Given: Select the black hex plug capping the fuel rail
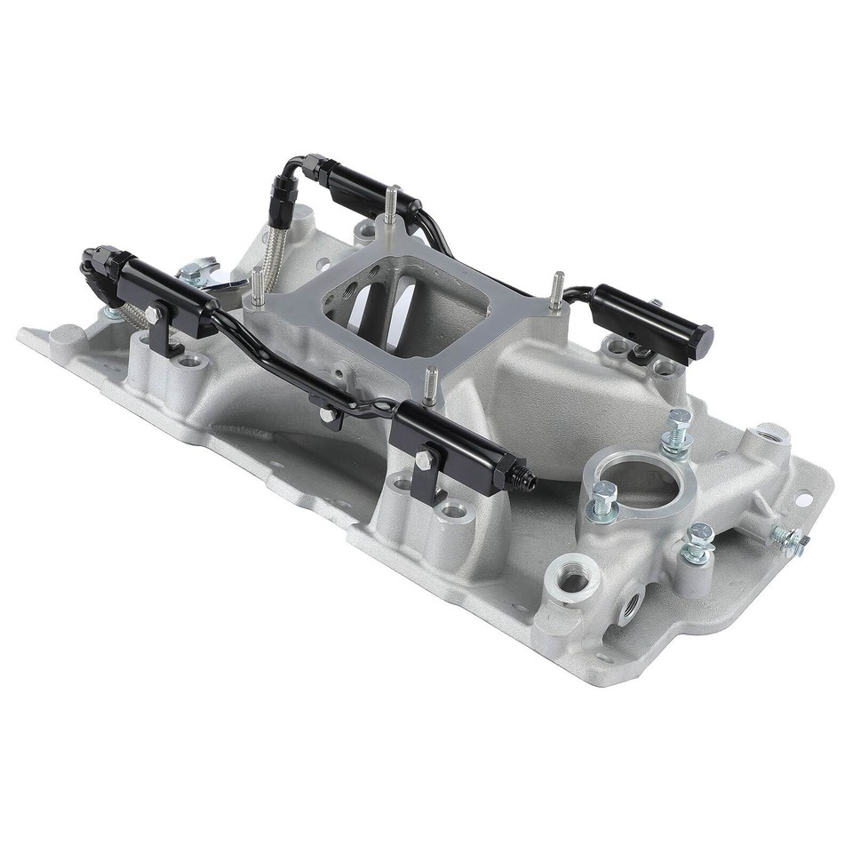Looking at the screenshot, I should [703, 337].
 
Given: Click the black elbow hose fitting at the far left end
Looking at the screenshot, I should [96, 261].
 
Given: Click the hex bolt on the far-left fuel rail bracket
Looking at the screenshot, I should [152, 315].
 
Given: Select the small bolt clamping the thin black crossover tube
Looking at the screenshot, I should [326, 414].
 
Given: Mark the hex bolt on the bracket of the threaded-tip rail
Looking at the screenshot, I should [426, 460].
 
